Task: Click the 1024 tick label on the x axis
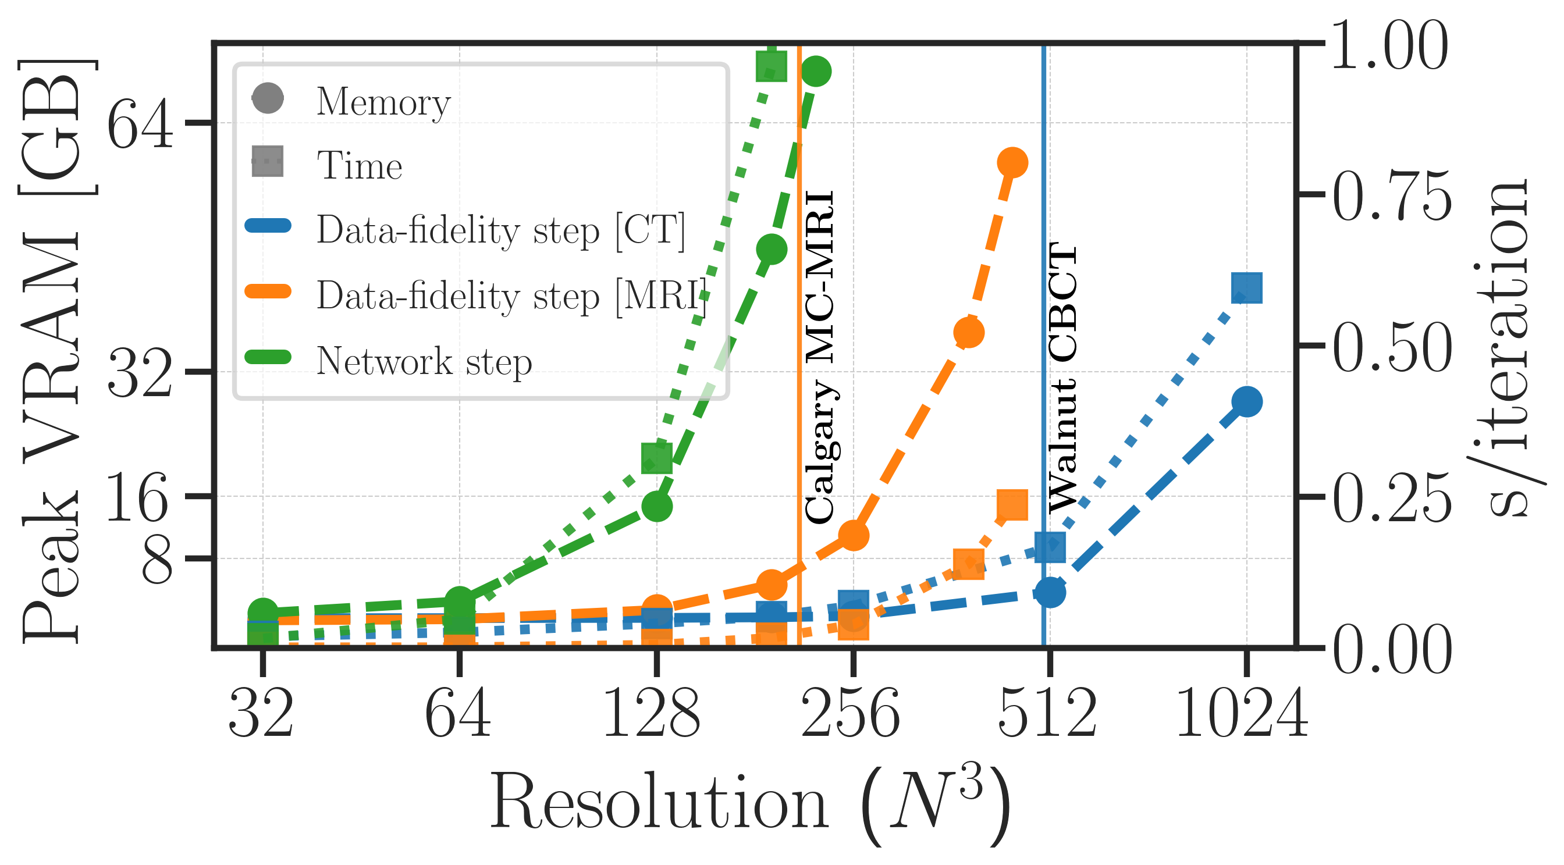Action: tap(1242, 715)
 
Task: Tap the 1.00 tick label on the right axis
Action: tap(1389, 46)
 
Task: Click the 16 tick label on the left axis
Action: tap(137, 497)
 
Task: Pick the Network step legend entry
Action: tap(424, 362)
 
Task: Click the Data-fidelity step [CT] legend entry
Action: tap(500, 231)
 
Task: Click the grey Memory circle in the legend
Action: tap(268, 98)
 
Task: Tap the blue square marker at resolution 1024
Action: tap(1247, 288)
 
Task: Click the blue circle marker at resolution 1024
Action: tap(1247, 402)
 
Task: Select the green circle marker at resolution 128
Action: tap(657, 506)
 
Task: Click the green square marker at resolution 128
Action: tap(657, 457)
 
